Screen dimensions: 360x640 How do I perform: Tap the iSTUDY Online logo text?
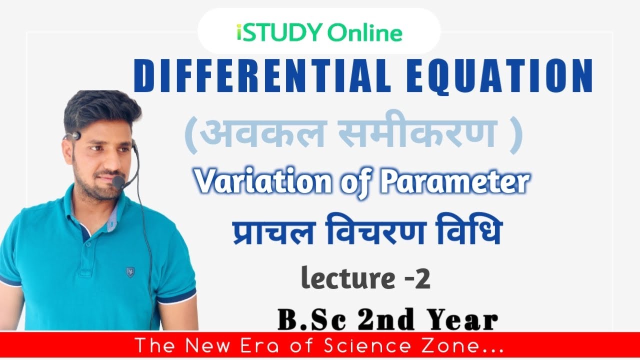(319, 33)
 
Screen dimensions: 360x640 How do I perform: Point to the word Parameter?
(454, 182)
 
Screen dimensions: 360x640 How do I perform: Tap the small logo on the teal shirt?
(130, 272)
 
